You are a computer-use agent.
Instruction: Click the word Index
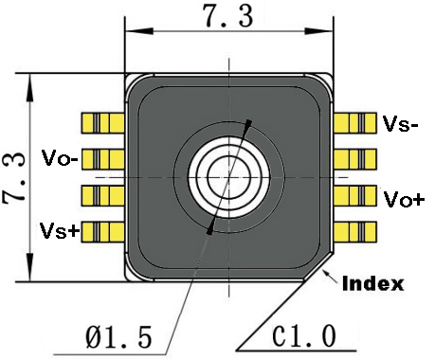pyautogui.click(x=372, y=283)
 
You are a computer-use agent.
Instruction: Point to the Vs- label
pyautogui.click(x=401, y=123)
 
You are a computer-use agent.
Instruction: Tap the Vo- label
pyautogui.click(x=59, y=158)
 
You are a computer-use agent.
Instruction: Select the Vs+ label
pyautogui.click(x=59, y=230)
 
